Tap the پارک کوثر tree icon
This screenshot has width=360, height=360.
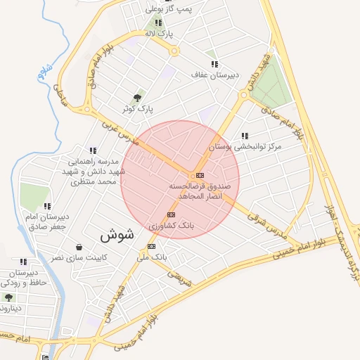(x=137, y=98)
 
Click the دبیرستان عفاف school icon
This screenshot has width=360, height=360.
(x=214, y=63)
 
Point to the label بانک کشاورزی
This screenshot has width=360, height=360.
(x=170, y=226)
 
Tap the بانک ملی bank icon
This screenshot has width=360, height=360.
(x=152, y=246)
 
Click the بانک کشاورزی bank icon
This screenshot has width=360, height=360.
(x=170, y=214)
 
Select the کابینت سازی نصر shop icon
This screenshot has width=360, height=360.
(x=78, y=247)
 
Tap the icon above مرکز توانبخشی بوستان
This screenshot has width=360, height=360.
(x=244, y=136)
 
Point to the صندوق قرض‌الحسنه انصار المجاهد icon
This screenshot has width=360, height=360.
(x=200, y=174)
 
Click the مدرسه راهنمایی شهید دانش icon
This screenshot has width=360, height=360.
(x=93, y=150)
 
